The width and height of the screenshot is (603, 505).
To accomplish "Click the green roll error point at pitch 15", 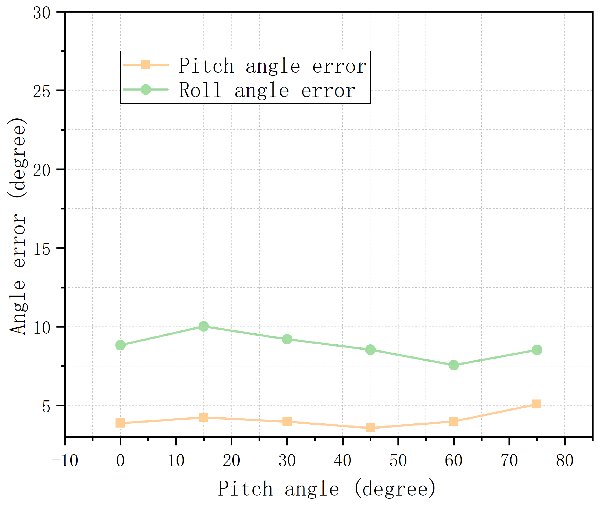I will coord(204,326).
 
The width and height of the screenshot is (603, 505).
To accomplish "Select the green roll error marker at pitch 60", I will coord(453,365).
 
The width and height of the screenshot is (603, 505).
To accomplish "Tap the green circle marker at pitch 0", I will coord(120,345).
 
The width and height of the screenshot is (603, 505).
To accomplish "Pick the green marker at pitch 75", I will coord(537,350).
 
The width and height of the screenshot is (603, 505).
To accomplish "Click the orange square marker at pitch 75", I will coord(536,404).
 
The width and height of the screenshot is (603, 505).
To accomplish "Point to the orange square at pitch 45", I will coord(370,428).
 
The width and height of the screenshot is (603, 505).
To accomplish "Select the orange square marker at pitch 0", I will coord(120,423).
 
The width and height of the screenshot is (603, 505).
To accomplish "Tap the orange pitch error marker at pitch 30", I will coord(287,422).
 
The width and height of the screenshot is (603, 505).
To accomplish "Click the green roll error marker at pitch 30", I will coord(287,339).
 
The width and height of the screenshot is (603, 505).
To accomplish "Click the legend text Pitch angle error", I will coord(272,66).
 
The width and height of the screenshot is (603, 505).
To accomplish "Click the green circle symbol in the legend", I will coord(146,90).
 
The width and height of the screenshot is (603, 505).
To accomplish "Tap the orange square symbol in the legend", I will coord(146,65).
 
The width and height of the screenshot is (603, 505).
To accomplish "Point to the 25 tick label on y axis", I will coord(42,92).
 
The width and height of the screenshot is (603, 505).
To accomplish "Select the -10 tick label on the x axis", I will coord(65,461).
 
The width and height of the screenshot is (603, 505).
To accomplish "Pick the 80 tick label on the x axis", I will coord(564,461).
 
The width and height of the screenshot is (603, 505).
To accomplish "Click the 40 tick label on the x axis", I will coord(342,461).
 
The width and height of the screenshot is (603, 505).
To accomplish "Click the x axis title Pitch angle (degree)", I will coord(327,489).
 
